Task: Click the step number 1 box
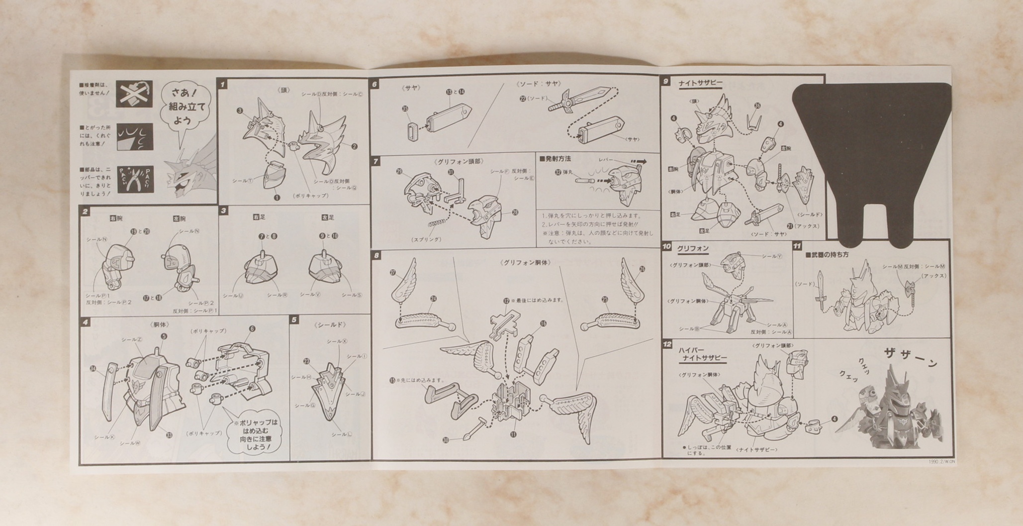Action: click(x=223, y=85)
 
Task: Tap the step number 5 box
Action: click(x=294, y=320)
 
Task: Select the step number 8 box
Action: click(x=376, y=256)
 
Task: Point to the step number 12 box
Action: click(x=667, y=344)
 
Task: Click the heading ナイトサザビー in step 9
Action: click(x=700, y=84)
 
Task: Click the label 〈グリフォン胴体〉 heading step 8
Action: click(x=526, y=262)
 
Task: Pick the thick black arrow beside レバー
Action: click(x=639, y=161)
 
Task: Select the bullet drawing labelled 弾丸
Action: click(x=583, y=180)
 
